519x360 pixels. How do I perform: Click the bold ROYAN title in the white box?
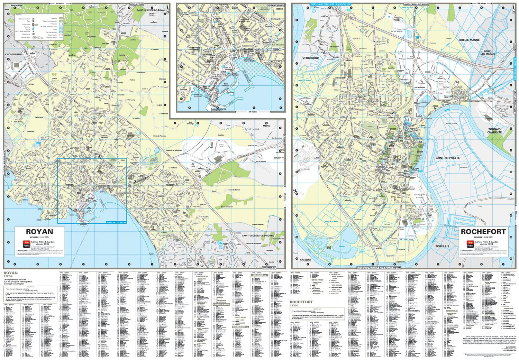click(x=40, y=232)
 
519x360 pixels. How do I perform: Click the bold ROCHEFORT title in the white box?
click(x=483, y=232)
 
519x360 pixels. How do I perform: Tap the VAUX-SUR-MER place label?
click(x=13, y=54)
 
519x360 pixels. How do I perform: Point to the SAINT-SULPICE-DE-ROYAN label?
click(x=151, y=10)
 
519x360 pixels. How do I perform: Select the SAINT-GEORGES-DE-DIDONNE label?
click(x=258, y=236)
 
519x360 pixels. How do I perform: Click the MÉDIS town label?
click(x=266, y=126)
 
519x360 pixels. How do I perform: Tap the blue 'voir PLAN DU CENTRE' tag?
click(x=116, y=222)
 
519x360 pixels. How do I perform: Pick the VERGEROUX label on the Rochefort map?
click(x=310, y=58)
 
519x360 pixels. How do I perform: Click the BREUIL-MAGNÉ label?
click(x=469, y=40)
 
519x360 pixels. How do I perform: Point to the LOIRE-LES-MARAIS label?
click(x=488, y=53)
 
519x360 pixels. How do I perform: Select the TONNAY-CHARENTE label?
click(x=494, y=131)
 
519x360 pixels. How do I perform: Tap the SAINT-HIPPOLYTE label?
click(x=447, y=158)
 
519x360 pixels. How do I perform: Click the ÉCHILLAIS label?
click(x=442, y=246)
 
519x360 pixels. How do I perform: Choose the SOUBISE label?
click(x=305, y=260)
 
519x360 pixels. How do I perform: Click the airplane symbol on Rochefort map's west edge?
click(x=295, y=191)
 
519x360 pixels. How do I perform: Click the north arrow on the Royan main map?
click(x=168, y=8)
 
